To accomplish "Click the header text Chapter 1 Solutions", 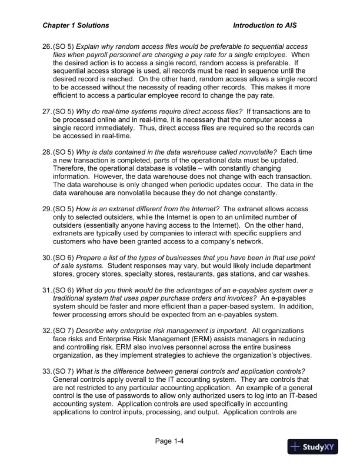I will pos(75,26).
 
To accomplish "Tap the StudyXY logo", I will pos(313,447).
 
